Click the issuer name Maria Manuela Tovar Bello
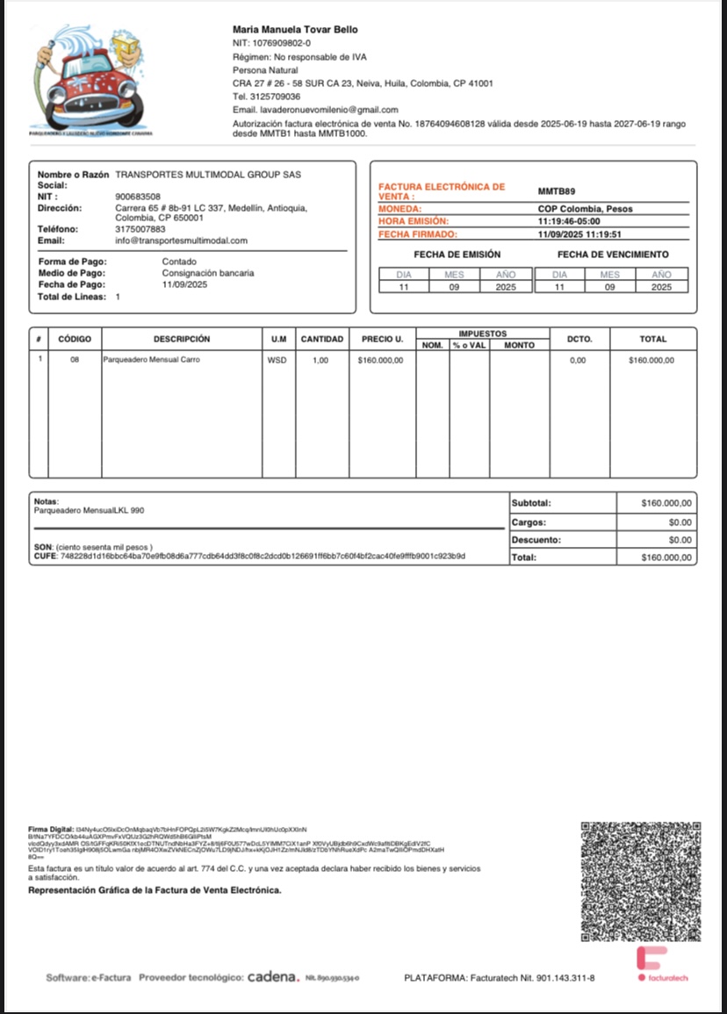click(295, 30)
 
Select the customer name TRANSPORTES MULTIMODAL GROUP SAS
click(208, 175)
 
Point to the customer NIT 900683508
click(138, 197)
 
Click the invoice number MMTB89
click(557, 191)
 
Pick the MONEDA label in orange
click(399, 209)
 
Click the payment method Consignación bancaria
click(208, 273)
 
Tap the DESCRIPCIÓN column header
click(182, 339)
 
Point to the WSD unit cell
click(277, 360)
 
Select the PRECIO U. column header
click(382, 339)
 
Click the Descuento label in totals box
click(536, 540)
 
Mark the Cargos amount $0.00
click(680, 522)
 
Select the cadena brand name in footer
click(273, 977)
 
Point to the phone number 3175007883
click(140, 229)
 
